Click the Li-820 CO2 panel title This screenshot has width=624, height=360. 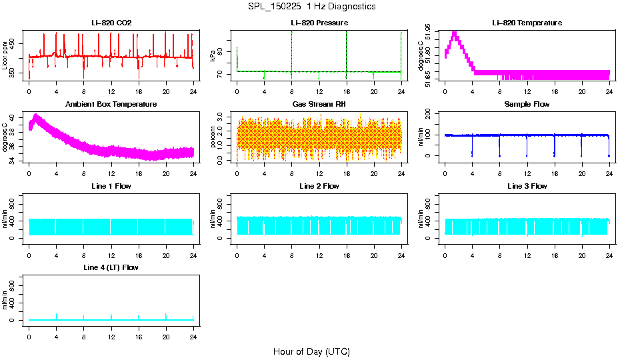coord(111,23)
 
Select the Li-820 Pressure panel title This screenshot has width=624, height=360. coord(319,23)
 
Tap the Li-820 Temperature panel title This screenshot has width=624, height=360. coord(527,23)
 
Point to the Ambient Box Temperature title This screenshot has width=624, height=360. coord(111,105)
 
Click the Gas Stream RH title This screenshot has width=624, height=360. coord(319,105)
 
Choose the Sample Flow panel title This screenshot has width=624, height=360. coord(527,105)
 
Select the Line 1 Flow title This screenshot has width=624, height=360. coord(111,186)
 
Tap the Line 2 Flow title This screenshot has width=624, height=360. coord(319,186)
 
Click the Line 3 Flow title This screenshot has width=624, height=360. coord(527,186)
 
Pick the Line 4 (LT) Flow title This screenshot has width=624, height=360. coord(111,267)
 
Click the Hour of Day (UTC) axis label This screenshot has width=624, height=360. coord(311,351)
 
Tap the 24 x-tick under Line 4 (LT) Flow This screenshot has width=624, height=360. coord(193,337)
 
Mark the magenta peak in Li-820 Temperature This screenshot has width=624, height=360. coord(455,33)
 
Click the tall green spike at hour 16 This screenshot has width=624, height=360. coord(347,40)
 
